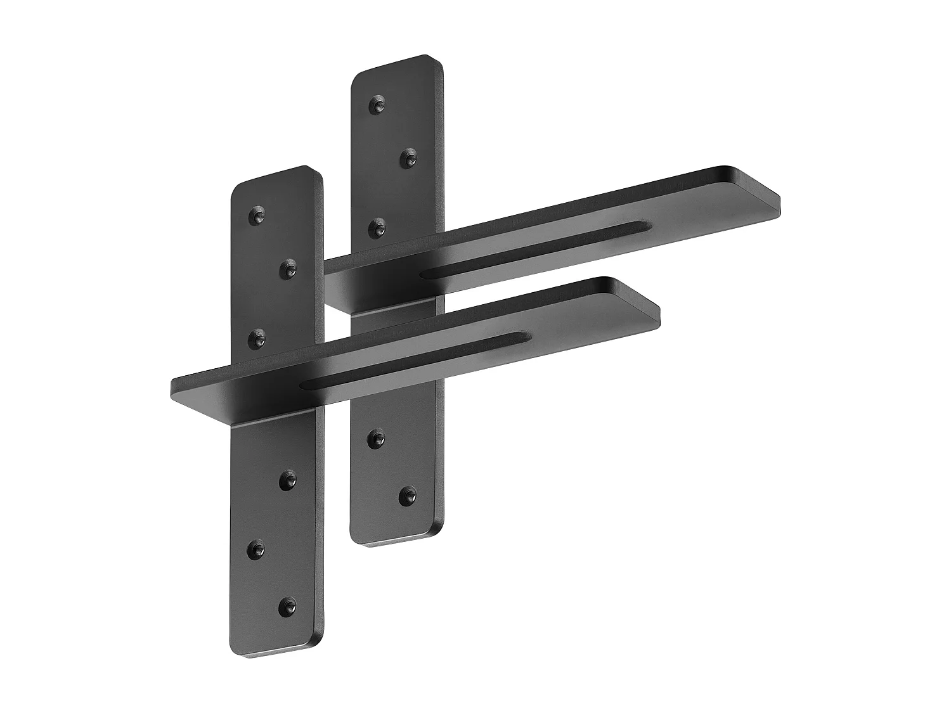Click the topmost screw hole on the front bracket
pos(257,215)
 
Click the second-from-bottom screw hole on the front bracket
pos(257,549)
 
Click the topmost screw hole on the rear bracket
pos(378,105)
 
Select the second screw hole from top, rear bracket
pos(409,158)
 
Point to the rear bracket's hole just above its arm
pos(378,226)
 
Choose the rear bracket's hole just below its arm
pos(378,437)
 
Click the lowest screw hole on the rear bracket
pos(409,494)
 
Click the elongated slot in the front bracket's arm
pos(412,361)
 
